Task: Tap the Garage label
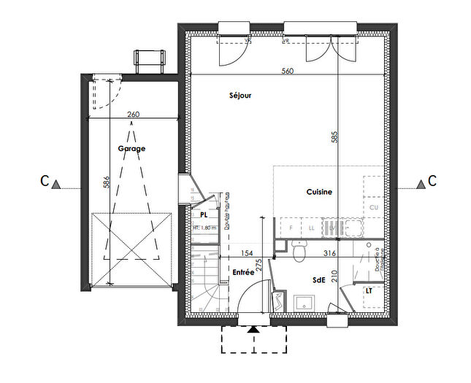(131, 148)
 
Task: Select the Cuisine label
(319, 192)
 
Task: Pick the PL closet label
(204, 215)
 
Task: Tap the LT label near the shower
(369, 290)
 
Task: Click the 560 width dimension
(287, 71)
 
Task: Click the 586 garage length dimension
(107, 182)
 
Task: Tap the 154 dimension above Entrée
(247, 253)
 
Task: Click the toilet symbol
(297, 251)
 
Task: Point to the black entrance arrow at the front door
(253, 330)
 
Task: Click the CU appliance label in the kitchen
(375, 208)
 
